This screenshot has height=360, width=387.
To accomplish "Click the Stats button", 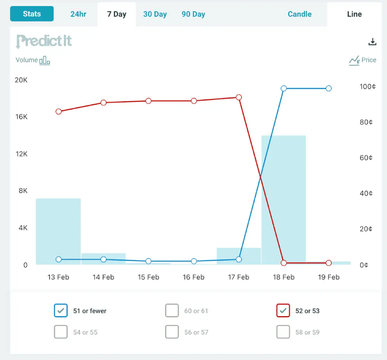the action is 32,14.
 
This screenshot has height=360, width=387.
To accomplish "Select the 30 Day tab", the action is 155,14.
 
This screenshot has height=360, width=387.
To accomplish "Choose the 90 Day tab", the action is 193,14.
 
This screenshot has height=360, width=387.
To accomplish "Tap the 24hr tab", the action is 78,14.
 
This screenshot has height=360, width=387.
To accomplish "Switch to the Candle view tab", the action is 300,14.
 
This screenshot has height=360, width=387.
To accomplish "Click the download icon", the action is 372,42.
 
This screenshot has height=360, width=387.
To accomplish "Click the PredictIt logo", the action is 44,41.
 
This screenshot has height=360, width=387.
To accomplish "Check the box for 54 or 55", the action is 61,332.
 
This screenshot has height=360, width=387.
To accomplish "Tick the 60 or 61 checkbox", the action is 172,311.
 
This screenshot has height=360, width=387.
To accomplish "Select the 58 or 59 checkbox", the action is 283,332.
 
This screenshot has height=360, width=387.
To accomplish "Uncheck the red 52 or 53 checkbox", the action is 283,311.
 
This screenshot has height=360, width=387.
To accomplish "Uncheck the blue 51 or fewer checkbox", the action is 61,311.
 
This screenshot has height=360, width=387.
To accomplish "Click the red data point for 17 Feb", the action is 239,97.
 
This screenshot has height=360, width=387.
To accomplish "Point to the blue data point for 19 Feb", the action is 328,88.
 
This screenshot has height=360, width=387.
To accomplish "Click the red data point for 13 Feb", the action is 59,111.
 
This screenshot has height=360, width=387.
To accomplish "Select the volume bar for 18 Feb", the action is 283,200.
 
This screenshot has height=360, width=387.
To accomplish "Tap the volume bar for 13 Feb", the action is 58,232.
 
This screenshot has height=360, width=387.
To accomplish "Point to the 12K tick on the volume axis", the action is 22,154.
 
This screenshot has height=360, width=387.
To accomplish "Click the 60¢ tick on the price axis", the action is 366,158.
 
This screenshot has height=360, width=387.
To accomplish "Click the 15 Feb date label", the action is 148,277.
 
